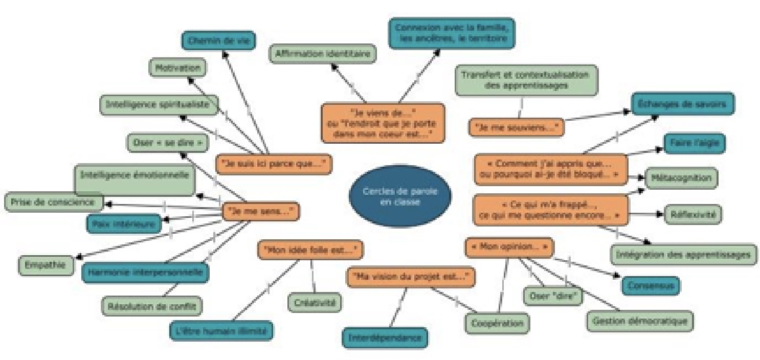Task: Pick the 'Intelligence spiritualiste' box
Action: coord(159,104)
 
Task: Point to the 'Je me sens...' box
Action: coord(261,211)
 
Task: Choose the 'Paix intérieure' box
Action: coord(123,223)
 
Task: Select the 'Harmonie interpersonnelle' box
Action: coord(146,273)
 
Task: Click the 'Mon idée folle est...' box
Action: coord(310,250)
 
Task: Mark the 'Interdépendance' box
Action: coord(385,337)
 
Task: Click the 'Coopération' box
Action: coord(497,323)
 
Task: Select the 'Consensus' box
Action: coord(651,285)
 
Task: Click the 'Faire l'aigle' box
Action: coord(695,144)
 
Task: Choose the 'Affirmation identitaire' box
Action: coord(323,53)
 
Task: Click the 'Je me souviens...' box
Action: coord(516,127)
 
